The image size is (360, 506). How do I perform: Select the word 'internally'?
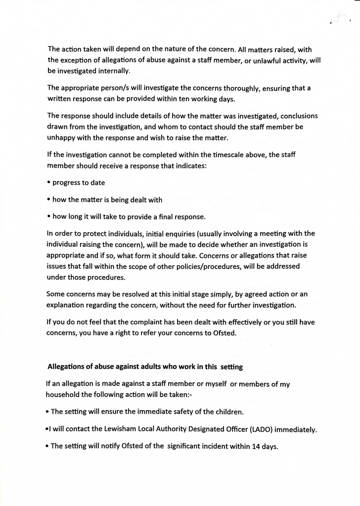(x=110, y=71)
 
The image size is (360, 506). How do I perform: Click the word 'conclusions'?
(x=296, y=116)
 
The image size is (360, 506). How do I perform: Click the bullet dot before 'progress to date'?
(x=49, y=182)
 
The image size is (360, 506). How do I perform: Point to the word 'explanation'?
(x=66, y=305)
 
